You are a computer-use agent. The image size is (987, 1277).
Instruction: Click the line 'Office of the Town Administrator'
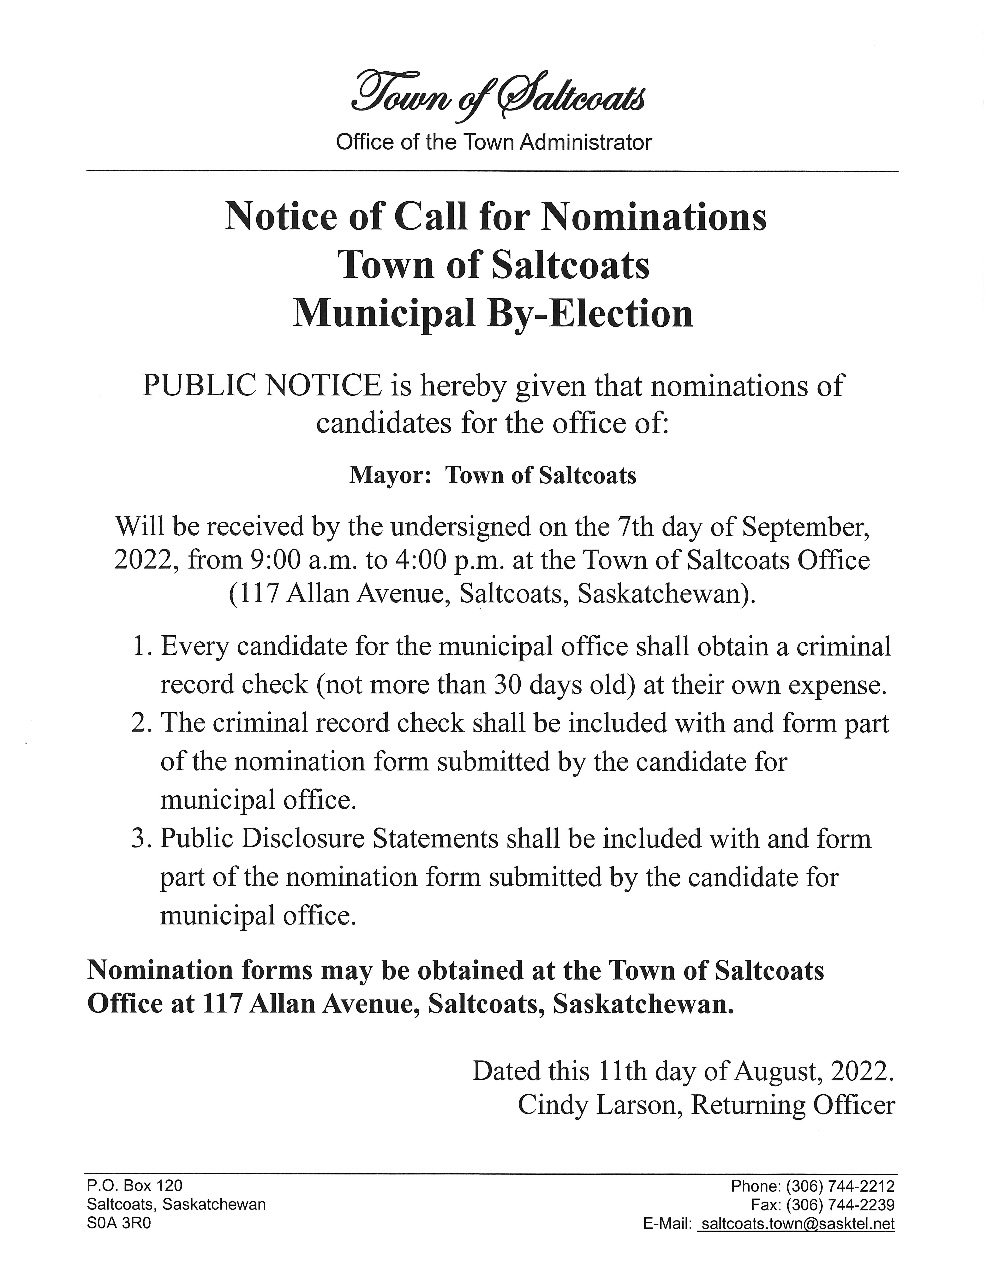[493, 142]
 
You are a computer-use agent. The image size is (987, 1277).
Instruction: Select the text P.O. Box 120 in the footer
[135, 1186]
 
